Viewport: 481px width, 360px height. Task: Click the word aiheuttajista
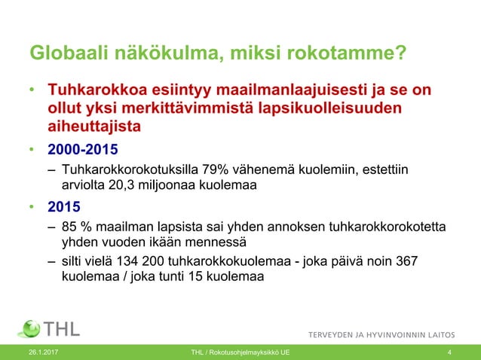point(94,127)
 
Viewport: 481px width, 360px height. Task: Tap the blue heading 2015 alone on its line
point(65,206)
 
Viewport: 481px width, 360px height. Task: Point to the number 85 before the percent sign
point(70,227)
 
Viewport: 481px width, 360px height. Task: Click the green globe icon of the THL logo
point(29,329)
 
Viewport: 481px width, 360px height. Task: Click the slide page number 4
point(449,352)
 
